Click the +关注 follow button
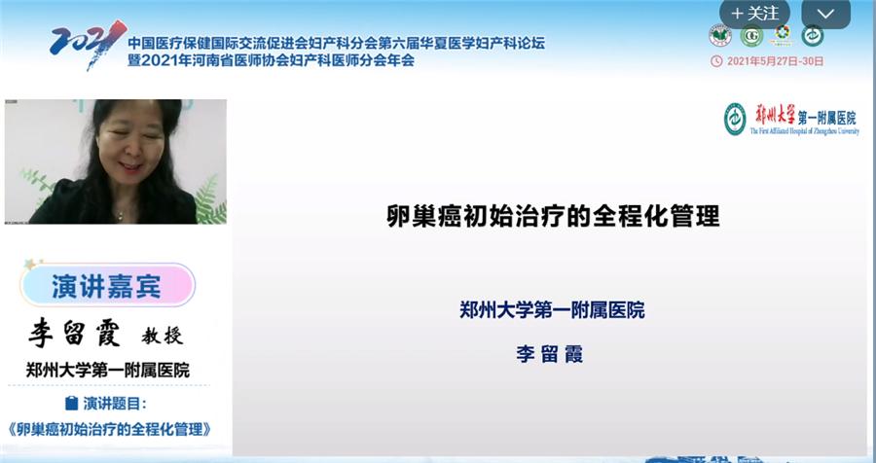[754, 14]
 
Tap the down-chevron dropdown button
[825, 14]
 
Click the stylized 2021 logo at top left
[87, 44]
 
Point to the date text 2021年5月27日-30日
[774, 61]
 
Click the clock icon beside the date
[716, 61]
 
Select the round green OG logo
[749, 36]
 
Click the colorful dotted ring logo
[781, 35]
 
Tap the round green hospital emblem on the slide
[735, 119]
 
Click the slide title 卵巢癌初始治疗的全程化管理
[553, 216]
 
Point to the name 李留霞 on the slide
[549, 354]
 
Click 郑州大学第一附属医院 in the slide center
[552, 311]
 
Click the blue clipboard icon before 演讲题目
[70, 403]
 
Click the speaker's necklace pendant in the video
[120, 215]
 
